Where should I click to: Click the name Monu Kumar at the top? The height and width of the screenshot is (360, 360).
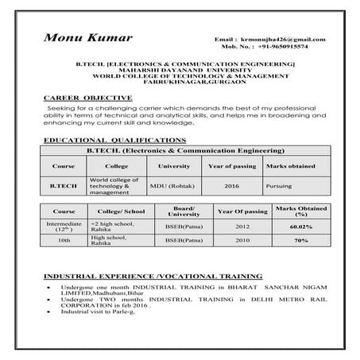(88, 37)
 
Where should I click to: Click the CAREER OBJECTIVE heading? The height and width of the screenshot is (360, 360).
(82, 96)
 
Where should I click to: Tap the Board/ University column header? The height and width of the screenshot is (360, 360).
(184, 211)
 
